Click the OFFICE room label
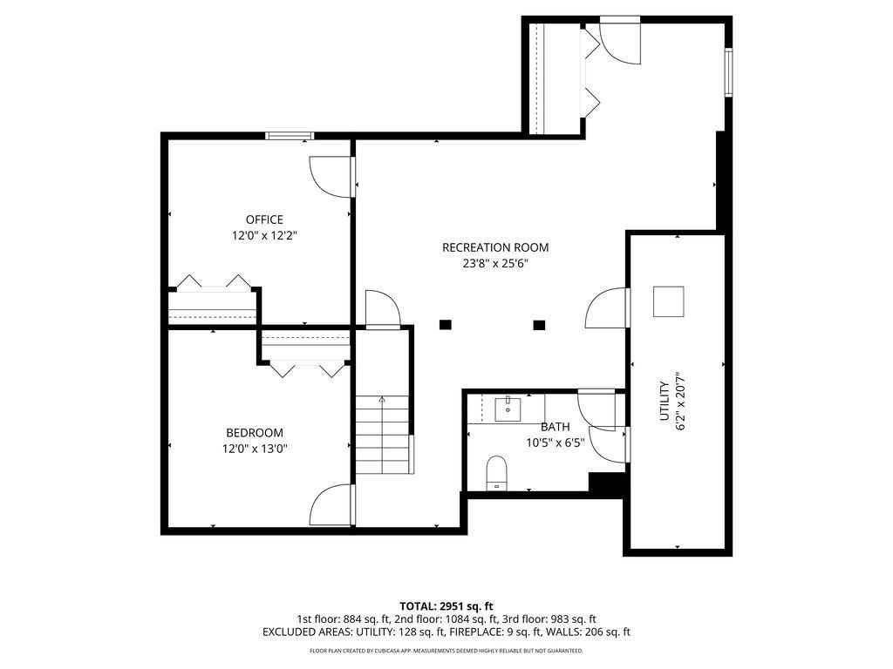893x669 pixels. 264,220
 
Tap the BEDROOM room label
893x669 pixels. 255,433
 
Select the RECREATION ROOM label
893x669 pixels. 495,247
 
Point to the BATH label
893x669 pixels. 555,427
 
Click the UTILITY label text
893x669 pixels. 664,401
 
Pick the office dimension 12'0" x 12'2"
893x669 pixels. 264,235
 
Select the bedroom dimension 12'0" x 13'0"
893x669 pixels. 255,449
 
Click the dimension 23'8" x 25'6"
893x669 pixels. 495,263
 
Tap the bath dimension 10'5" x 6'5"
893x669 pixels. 555,442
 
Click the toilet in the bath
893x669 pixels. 496,473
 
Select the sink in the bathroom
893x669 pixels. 508,409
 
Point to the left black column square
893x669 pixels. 446,325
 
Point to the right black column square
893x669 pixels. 539,325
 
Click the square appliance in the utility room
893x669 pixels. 669,302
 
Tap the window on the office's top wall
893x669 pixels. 290,135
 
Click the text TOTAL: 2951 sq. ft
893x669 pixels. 446,605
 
